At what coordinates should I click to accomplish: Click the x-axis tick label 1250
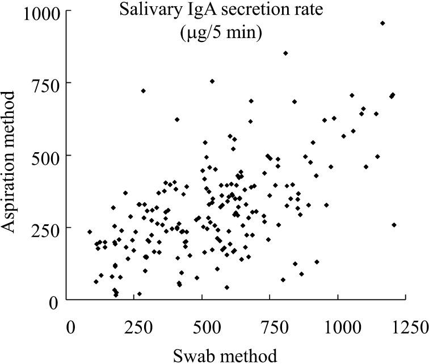click(406, 328)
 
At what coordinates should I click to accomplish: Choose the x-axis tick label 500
click(204, 328)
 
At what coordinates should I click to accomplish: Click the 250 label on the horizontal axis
click(137, 328)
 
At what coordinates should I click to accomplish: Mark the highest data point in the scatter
click(382, 23)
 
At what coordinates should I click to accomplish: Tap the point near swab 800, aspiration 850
click(285, 53)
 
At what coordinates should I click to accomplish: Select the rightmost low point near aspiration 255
click(394, 225)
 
